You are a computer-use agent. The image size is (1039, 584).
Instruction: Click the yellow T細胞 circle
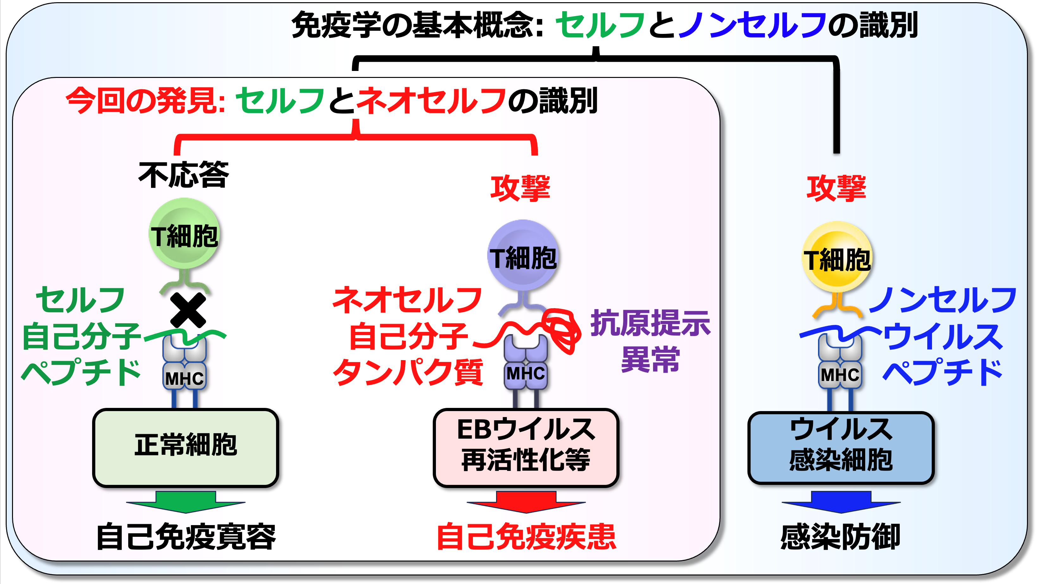click(x=837, y=257)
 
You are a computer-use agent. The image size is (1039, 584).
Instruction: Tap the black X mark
click(x=188, y=310)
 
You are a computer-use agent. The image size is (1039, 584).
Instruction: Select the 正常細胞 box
click(x=186, y=448)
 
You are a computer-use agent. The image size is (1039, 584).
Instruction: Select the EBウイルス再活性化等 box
click(x=526, y=448)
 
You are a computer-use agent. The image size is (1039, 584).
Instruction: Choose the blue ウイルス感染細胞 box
click(x=841, y=448)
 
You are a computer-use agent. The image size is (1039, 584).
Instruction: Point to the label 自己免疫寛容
click(x=186, y=537)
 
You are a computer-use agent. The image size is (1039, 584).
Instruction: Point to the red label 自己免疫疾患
click(x=526, y=537)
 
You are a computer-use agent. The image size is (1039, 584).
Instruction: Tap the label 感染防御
click(x=841, y=537)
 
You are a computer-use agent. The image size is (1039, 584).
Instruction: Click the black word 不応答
click(x=184, y=175)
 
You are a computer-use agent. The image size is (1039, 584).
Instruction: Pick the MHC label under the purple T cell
click(x=526, y=374)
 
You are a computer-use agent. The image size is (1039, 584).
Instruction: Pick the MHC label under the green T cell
click(x=184, y=378)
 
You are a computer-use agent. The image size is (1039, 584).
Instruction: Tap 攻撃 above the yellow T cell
click(x=836, y=188)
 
